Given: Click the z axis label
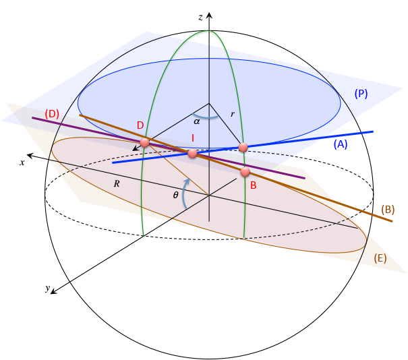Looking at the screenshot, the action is [x=200, y=16].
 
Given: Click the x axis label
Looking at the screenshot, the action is [x=22, y=162].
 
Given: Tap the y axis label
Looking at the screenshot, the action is [x=48, y=289].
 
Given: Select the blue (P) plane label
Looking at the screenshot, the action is [x=361, y=94].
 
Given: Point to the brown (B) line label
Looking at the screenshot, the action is [x=387, y=209].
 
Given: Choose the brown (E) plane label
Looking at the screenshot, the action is [x=380, y=258].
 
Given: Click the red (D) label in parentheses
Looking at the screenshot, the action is [x=52, y=113].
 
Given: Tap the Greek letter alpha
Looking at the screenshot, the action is [x=197, y=122].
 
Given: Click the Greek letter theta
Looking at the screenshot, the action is [x=176, y=194].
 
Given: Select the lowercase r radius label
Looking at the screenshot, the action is [x=232, y=115].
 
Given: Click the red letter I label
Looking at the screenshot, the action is [x=193, y=138].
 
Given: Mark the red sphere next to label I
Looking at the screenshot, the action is [x=192, y=154].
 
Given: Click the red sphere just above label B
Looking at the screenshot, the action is [x=245, y=172].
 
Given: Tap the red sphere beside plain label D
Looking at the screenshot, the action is [x=144, y=143].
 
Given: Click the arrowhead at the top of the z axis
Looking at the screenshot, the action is [x=209, y=16].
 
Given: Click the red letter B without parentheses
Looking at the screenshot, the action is [x=253, y=184].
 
